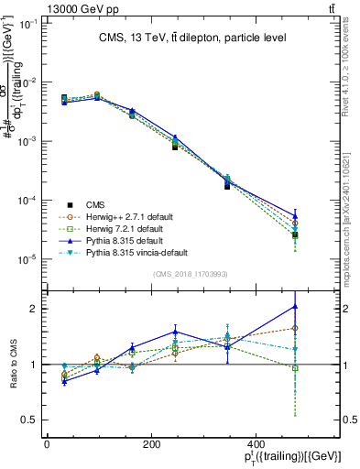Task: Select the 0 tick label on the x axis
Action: click(47, 443)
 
